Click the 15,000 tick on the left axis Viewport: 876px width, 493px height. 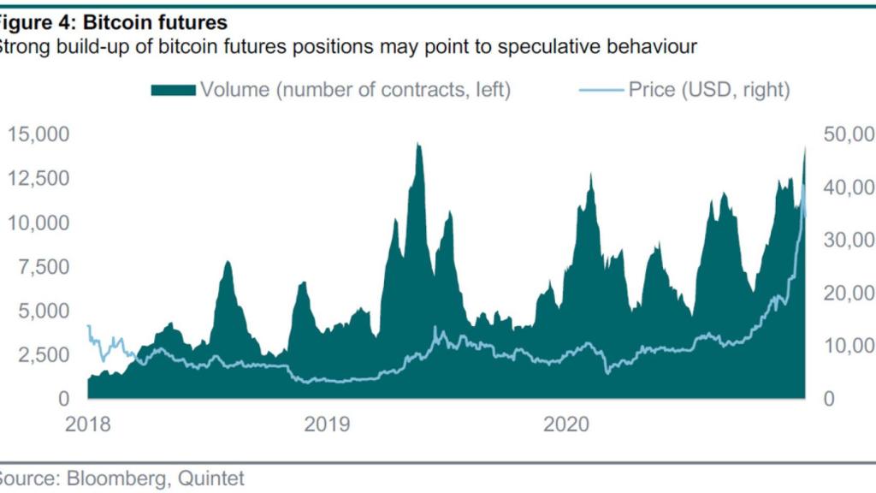tap(38, 134)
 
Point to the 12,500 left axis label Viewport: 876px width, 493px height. tap(38, 179)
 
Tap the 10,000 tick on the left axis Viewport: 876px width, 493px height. tap(38, 223)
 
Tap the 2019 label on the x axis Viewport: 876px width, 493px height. tap(326, 424)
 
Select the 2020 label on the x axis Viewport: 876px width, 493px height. tap(565, 424)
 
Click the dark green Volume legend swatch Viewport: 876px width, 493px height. tap(173, 90)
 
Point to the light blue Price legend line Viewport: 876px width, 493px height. tap(595, 90)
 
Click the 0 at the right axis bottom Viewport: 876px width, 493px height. tap(828, 400)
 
